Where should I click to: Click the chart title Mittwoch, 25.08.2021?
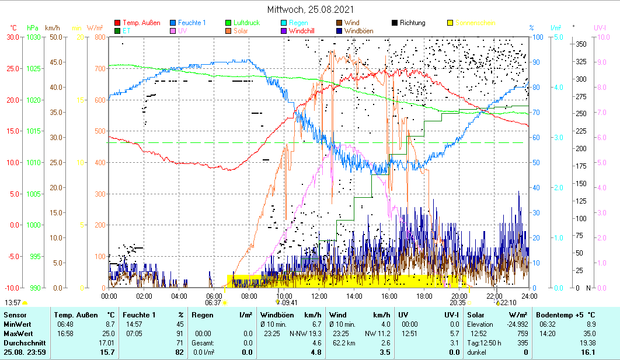310,9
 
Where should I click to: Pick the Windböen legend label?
359,31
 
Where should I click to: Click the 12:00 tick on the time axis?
319,296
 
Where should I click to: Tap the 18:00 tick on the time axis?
424,296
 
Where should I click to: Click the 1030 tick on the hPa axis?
33,37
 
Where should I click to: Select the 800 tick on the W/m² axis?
99,37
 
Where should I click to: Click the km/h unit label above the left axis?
53,28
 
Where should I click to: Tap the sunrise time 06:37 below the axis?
214,303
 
